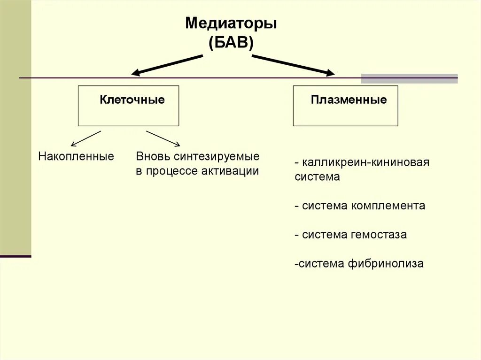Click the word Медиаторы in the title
231,23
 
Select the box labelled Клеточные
128,106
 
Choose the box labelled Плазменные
345,106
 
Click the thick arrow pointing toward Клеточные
168,65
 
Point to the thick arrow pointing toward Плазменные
294,65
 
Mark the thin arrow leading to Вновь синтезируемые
163,138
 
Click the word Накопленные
76,156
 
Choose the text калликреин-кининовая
365,162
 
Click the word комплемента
389,206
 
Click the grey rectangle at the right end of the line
409,78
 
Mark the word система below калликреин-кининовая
317,177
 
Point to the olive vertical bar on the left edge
16,127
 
